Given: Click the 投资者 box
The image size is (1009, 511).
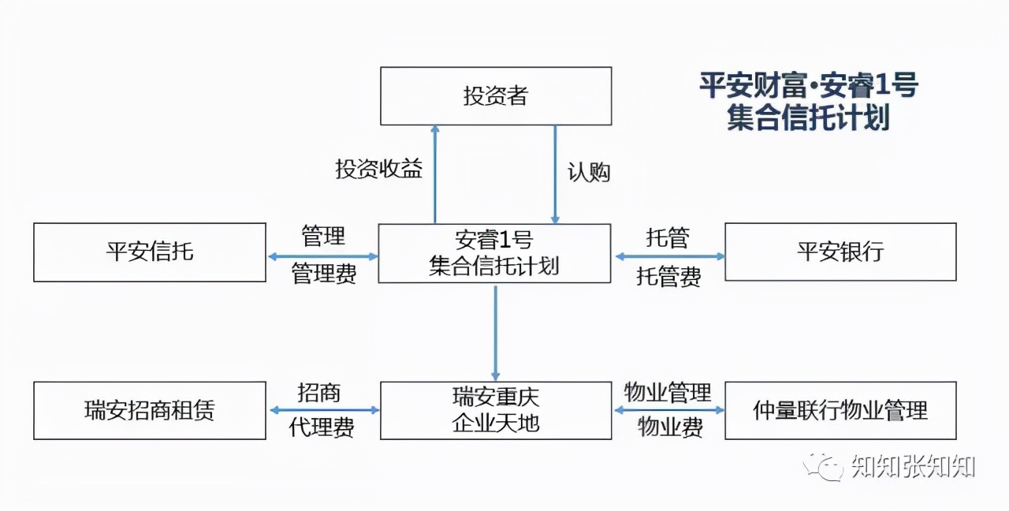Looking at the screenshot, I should (495, 96).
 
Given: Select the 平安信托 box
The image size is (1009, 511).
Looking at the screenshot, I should (150, 252).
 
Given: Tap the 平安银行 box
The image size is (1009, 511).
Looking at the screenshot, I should (840, 252).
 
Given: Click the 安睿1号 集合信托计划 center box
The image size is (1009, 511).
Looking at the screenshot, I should (494, 253).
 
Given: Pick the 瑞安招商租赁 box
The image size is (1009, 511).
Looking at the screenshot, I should (150, 411).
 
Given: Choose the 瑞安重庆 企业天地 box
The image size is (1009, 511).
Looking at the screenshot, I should (495, 411).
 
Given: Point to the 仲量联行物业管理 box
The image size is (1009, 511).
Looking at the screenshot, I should (840, 411).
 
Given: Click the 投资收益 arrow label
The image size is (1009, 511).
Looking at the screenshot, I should (379, 169).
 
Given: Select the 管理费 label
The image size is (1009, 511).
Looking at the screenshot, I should (324, 274).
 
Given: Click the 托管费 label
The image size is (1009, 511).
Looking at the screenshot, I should (668, 276).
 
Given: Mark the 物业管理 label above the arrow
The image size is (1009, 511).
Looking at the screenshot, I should (668, 392).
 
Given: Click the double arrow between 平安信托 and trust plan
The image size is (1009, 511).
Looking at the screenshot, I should (322, 256).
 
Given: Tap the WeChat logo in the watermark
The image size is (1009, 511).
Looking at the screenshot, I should (822, 467).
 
